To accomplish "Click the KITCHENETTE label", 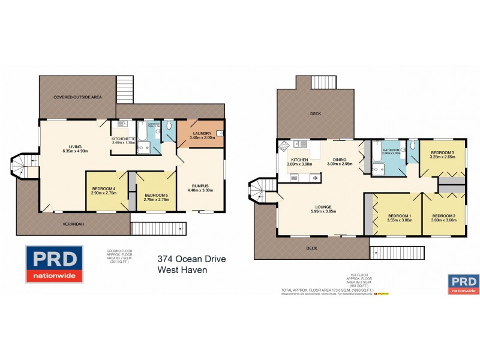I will tap(125, 139).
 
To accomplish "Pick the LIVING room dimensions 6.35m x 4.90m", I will tap(74, 151).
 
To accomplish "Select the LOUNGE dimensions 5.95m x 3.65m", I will tap(320, 212).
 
